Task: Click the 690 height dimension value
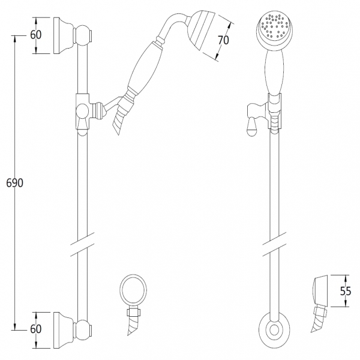[x=14, y=183]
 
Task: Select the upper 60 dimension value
[x=36, y=35]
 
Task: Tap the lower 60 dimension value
[x=36, y=329]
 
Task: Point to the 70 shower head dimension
[x=223, y=40]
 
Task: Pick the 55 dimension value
[x=346, y=291]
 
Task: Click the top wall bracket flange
[x=63, y=35]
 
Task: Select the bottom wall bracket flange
[x=63, y=330]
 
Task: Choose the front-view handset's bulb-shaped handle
[x=274, y=72]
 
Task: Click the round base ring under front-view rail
[x=274, y=330]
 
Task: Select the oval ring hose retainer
[x=133, y=290]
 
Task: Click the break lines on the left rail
[x=82, y=244]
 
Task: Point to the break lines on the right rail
[x=274, y=244]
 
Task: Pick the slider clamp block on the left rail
[x=82, y=112]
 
